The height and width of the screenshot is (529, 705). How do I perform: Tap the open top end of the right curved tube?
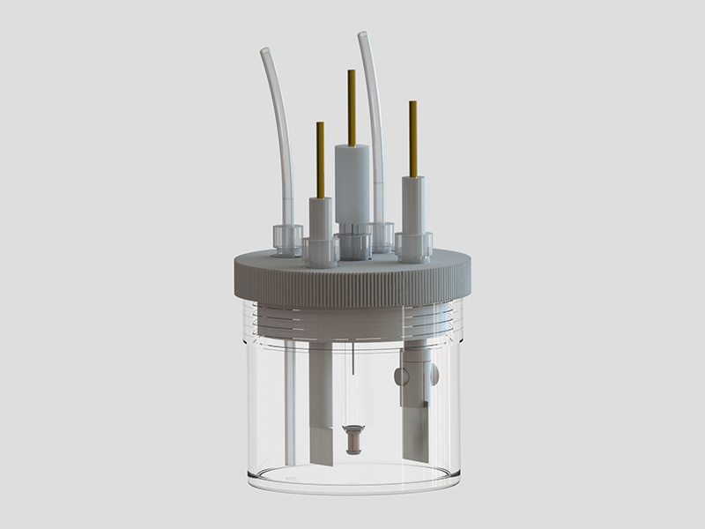[x=361, y=36]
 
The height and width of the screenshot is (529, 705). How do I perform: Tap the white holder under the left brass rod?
[x=320, y=219]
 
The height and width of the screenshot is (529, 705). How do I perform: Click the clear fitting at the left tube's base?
[x=286, y=239]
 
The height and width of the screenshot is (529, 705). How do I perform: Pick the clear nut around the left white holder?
[x=321, y=250]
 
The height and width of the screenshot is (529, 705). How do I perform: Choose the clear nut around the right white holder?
[x=413, y=244]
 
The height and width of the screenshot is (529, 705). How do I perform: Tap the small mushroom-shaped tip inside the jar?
[x=351, y=438]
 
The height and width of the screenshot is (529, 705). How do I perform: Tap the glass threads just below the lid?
[x=352, y=319]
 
